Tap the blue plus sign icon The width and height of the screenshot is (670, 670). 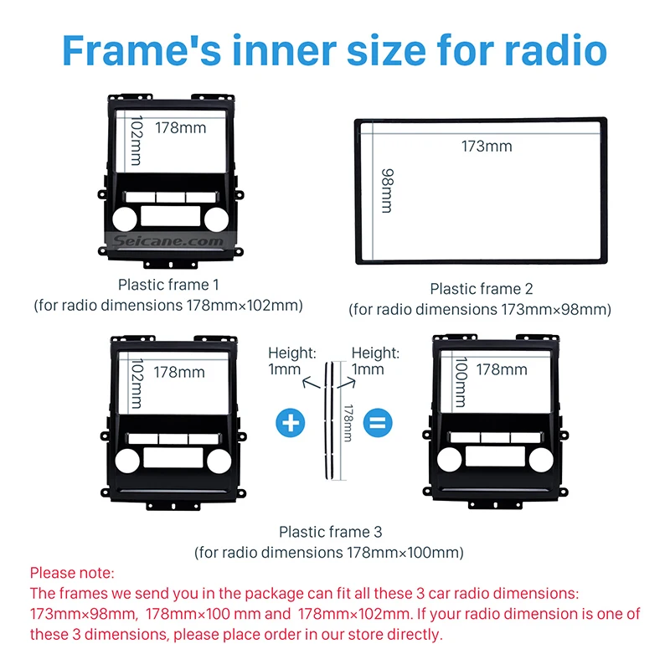point(291,423)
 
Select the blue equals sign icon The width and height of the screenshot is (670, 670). point(378,423)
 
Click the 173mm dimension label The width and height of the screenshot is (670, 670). point(487,146)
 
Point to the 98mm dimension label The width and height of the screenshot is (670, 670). point(387,191)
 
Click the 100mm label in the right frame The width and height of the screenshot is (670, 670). point(461,382)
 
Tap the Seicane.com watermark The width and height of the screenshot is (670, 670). point(168,240)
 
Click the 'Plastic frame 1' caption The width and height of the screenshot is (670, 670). point(168,285)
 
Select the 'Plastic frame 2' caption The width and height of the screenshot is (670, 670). point(481,289)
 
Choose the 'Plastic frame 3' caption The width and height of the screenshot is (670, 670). point(330,532)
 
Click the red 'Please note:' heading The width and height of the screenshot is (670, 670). point(72,573)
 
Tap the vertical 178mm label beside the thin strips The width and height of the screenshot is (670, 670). point(348,423)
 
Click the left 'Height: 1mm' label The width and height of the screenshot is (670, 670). point(291,361)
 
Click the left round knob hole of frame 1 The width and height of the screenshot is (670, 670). point(125,219)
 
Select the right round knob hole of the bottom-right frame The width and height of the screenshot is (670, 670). point(541,460)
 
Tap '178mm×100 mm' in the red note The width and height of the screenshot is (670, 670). point(204,614)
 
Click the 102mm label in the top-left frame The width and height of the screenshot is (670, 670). point(137,140)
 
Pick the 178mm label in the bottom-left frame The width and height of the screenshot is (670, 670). point(179,372)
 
